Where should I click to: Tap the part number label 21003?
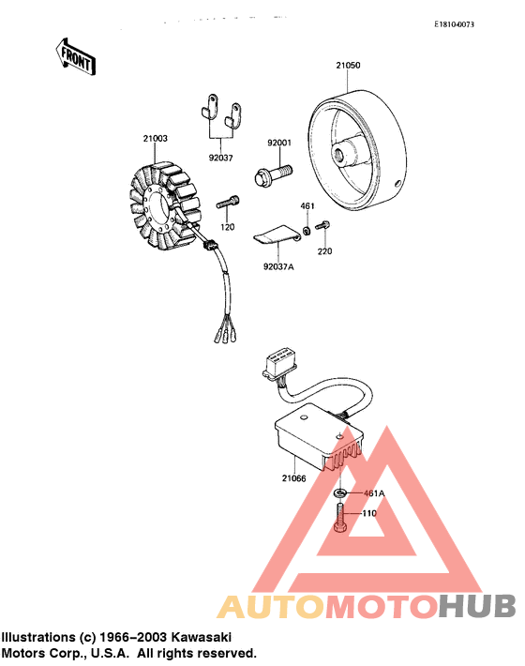pos(156,138)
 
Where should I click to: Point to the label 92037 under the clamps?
pos(221,158)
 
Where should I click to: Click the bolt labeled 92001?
pos(272,174)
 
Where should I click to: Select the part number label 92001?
pos(279,144)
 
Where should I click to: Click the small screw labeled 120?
pos(229,200)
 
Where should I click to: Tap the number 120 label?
pos(227,227)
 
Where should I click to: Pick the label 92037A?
pos(278,267)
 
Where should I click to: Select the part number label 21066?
pos(294,478)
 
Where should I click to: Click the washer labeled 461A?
pos(340,492)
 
